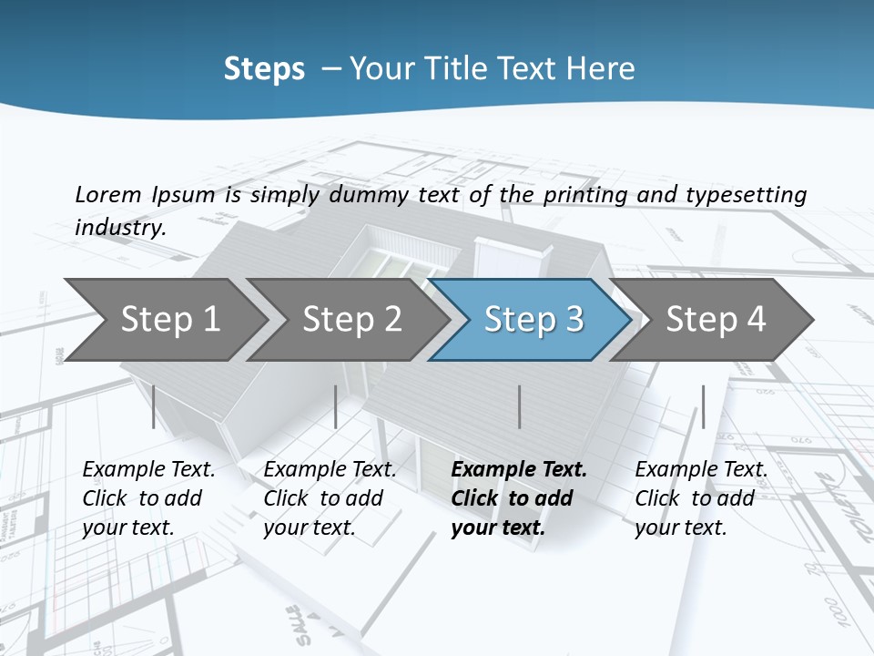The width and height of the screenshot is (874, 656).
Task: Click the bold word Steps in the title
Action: click(264, 68)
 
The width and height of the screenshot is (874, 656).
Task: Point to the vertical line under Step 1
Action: click(154, 406)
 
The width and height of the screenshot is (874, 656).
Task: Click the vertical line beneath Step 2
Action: click(336, 406)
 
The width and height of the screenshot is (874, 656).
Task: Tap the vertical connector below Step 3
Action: click(519, 406)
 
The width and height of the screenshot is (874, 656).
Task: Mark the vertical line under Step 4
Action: click(703, 406)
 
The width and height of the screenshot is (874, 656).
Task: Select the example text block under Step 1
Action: click(148, 498)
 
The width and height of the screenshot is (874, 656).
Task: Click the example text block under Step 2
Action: click(330, 498)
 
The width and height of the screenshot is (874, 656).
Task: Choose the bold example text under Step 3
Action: click(518, 498)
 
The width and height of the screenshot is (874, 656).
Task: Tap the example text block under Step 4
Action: click(701, 498)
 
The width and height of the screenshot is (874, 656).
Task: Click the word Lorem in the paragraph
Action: click(107, 194)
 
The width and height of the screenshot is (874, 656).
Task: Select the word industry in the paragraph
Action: click(119, 227)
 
